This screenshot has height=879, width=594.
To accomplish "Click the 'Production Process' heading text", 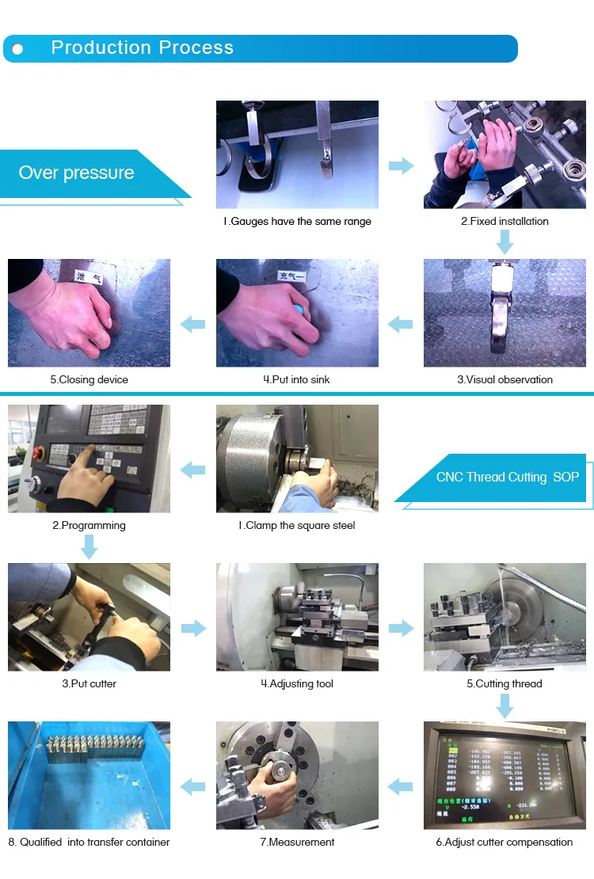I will (143, 48).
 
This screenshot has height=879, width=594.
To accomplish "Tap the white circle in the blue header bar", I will (17, 49).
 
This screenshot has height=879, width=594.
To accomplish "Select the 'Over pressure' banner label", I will (77, 173).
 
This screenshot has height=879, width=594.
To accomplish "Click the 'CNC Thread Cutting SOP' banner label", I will (507, 477).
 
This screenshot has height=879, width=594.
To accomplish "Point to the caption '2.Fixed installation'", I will (505, 222).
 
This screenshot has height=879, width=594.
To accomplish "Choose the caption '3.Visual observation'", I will (505, 380).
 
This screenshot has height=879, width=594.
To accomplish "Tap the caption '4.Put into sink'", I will (296, 380).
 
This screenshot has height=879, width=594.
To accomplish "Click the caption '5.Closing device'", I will (89, 380).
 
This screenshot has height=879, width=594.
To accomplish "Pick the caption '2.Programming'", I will (89, 526).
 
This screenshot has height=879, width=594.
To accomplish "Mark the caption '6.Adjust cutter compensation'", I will (505, 843).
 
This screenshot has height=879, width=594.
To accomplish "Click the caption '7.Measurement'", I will (297, 843).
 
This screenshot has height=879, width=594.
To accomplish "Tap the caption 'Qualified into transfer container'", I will (89, 843).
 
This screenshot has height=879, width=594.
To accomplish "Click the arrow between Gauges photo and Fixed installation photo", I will (401, 166).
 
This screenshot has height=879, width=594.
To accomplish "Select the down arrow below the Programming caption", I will (89, 546).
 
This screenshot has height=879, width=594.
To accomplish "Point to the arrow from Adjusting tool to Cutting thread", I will (401, 629).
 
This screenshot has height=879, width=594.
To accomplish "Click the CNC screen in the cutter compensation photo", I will (499, 772).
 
